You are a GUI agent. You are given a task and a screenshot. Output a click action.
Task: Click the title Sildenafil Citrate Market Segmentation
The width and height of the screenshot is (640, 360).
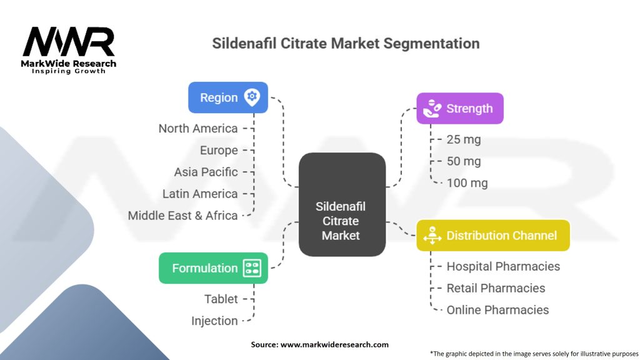click(346, 44)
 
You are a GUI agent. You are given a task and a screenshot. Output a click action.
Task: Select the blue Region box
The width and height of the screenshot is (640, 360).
click(228, 97)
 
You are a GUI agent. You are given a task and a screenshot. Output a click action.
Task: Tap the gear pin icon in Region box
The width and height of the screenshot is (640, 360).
click(252, 97)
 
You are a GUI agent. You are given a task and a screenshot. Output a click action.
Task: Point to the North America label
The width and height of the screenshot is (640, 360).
click(197, 129)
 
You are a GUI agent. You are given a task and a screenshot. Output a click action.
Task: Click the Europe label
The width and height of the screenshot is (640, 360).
click(219, 151)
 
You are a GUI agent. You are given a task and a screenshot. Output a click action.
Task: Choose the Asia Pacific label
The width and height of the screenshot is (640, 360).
click(206, 172)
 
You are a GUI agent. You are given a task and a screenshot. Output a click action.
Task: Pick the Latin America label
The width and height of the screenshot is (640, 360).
click(200, 194)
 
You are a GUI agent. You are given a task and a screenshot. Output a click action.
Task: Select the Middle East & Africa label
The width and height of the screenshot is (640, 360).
click(182, 216)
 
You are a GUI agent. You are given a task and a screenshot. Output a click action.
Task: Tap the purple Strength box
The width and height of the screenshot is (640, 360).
click(459, 109)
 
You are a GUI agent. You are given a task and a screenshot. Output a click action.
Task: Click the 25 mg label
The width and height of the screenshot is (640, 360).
click(464, 139)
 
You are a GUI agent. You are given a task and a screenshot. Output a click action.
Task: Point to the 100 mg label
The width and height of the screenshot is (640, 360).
click(467, 183)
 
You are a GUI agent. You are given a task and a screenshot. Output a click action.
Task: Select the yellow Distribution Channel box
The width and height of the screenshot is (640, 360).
click(492, 236)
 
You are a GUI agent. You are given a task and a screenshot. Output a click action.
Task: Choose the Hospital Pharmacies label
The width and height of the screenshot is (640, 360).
click(503, 266)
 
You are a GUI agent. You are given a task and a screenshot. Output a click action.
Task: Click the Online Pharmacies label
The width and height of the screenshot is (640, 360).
click(497, 310)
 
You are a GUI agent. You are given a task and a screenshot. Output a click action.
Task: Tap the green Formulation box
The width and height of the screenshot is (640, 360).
click(213, 268)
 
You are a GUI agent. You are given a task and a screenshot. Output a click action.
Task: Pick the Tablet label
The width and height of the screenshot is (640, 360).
click(221, 299)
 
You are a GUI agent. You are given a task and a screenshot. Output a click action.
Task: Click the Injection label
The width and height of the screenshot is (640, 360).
click(214, 321)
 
